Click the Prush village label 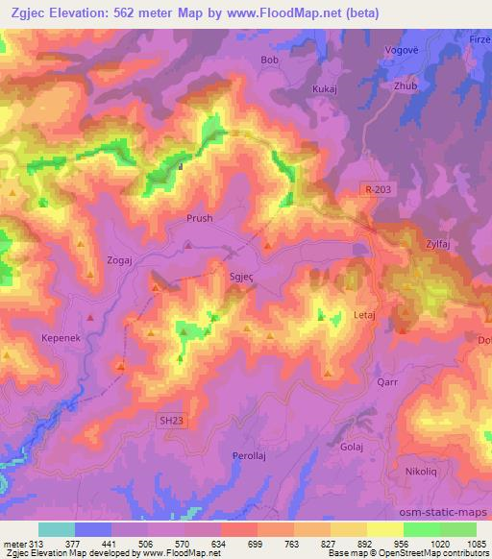click(200, 218)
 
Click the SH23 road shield click(169, 419)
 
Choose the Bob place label click(269, 60)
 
